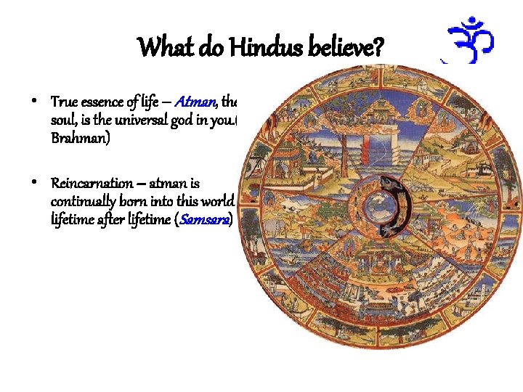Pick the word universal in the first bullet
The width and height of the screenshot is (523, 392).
pyautogui.click(x=145, y=118)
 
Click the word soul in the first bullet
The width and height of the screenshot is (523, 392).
pyautogui.click(x=63, y=118)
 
